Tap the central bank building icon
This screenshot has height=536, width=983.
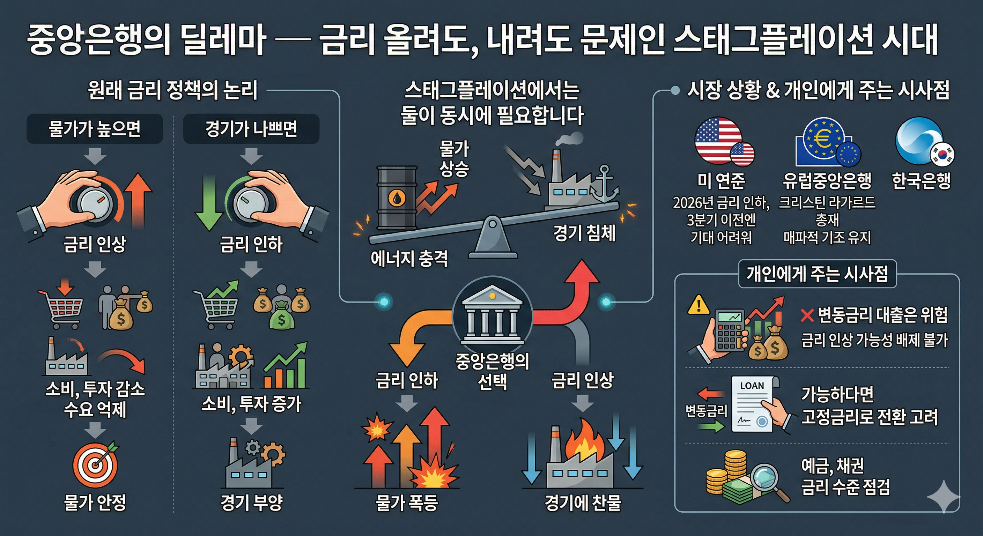click(492, 315)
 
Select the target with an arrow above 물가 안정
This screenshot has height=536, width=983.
click(95, 466)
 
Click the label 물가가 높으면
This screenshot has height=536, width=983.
click(95, 129)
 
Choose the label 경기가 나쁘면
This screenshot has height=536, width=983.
click(251, 129)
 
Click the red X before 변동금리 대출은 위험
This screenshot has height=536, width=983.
click(807, 315)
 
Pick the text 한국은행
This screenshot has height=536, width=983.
click(921, 180)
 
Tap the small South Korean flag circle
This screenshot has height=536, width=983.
click(942, 155)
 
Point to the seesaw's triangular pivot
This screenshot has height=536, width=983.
click(492, 237)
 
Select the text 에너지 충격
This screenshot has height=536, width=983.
click(409, 259)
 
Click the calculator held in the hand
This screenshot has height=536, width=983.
click(729, 330)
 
